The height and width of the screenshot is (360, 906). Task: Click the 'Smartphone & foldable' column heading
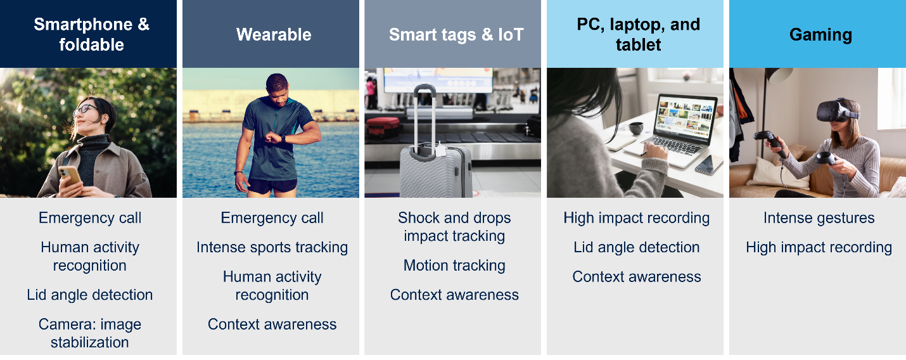coord(91,34)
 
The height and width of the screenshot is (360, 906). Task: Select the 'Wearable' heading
coord(274,34)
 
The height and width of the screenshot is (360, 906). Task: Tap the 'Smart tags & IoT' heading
coord(456,34)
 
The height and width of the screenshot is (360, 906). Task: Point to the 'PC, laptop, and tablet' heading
coord(638,34)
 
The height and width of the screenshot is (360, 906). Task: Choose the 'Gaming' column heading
coord(820,34)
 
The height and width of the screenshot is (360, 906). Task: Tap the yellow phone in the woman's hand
coord(70,174)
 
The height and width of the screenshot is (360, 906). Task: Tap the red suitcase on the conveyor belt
coord(383,124)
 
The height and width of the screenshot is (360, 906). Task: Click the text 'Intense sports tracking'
coord(272,247)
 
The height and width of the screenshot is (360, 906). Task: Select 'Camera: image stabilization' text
coord(90,333)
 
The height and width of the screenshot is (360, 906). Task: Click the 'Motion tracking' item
coord(454,266)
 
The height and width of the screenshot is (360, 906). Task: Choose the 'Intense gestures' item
coord(819,218)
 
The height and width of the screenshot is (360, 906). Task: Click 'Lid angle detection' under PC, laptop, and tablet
coord(637,247)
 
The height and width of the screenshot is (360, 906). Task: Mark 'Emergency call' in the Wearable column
coord(272,218)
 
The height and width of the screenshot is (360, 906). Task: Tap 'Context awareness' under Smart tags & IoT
coord(454,295)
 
